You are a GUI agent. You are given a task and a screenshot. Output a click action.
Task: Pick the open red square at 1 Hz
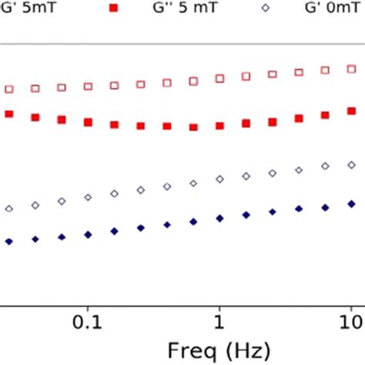[219, 79]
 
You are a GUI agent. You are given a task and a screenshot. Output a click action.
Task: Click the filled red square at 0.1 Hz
[88, 122]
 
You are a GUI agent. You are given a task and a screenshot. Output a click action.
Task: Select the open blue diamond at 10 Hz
[351, 165]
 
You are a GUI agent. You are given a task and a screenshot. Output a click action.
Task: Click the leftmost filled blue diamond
[9, 242]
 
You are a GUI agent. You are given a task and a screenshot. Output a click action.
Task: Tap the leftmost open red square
[9, 89]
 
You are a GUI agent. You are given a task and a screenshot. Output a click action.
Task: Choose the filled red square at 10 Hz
[351, 112]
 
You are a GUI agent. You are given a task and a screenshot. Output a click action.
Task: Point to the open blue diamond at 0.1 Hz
[88, 198]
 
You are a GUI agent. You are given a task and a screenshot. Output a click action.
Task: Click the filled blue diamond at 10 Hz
[351, 204]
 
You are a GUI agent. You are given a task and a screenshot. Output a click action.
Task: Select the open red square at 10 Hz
[351, 69]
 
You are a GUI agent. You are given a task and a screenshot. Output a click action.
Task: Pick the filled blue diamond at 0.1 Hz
[88, 234]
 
